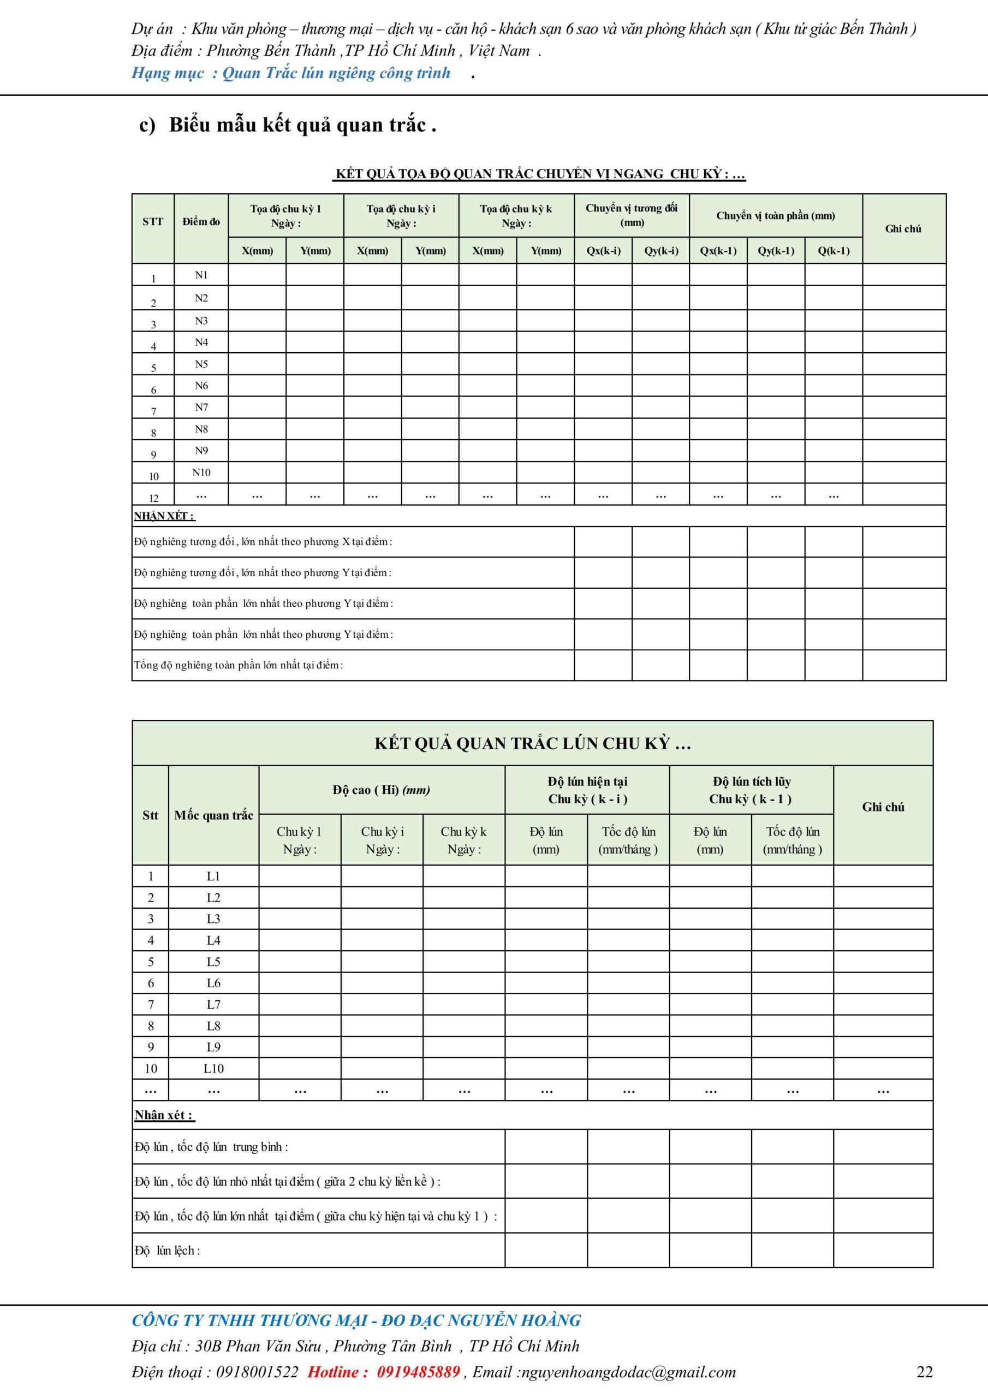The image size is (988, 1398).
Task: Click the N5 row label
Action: (x=201, y=364)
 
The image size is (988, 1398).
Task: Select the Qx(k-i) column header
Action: (x=603, y=250)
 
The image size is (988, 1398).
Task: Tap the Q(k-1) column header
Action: (x=834, y=250)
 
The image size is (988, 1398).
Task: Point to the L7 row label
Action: (x=213, y=1004)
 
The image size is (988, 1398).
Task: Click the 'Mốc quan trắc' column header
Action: (x=213, y=815)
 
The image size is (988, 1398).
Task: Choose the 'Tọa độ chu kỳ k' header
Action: (x=516, y=216)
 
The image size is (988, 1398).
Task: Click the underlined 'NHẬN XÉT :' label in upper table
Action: (x=164, y=516)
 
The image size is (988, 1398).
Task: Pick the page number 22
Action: (x=924, y=1372)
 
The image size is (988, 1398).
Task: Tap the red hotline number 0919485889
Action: (x=418, y=1372)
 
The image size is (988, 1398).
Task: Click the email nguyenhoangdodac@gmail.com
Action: (x=629, y=1372)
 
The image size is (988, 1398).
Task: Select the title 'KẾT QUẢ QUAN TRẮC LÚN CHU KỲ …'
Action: (x=533, y=743)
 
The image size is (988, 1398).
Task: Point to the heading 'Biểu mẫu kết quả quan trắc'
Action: (x=302, y=125)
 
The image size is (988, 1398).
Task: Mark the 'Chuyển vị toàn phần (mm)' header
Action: (x=776, y=216)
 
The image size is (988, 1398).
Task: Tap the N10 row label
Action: (x=201, y=472)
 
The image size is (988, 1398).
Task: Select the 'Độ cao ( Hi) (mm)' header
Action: (x=381, y=790)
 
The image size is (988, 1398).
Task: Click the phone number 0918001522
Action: (x=257, y=1372)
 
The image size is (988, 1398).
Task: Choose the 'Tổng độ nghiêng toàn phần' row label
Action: (x=238, y=665)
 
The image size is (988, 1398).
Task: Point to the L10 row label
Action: (x=213, y=1068)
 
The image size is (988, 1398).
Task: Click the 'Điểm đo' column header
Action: (x=201, y=222)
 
